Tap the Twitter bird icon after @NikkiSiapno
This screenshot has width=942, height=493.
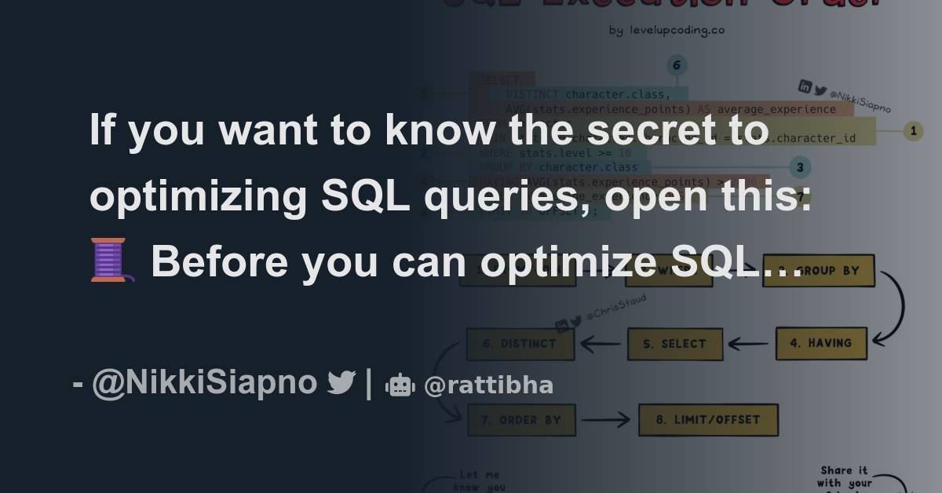point(341,383)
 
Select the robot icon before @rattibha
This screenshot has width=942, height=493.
point(400,385)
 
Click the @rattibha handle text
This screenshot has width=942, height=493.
point(488,385)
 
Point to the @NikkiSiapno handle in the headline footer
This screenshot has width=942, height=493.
point(204,383)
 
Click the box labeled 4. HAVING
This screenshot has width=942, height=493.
point(821,343)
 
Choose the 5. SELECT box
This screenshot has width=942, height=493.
point(674,344)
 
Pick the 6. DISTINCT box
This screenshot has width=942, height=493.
point(521,344)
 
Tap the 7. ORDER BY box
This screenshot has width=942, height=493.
point(521,420)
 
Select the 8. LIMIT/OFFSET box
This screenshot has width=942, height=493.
point(708,420)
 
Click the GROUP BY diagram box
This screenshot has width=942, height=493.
point(819,270)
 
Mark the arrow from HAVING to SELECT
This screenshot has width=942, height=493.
point(748,344)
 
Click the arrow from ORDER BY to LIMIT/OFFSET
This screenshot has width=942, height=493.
point(606,420)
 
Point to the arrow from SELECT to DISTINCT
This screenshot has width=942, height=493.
point(601,344)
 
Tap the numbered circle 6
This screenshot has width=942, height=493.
point(675,66)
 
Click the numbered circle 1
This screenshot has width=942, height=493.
point(912,131)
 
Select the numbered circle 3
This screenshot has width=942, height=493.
point(799,167)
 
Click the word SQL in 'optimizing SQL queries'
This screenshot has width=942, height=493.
point(366,196)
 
